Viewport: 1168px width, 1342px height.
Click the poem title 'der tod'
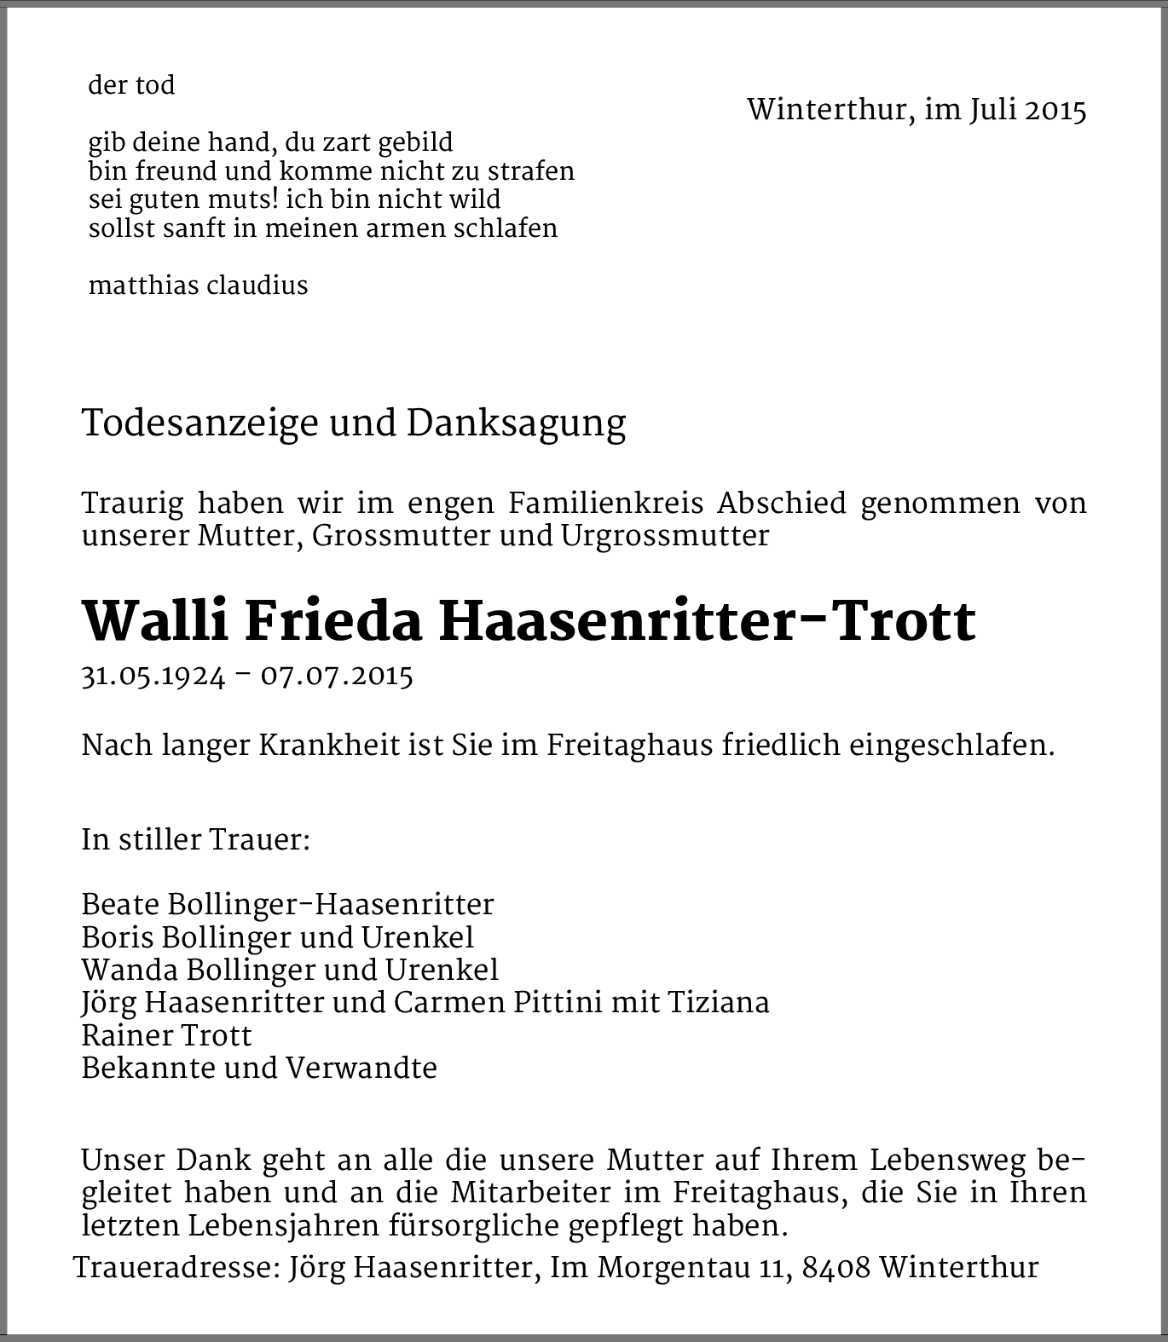click(x=131, y=86)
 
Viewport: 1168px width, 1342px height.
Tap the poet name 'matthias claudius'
click(x=198, y=285)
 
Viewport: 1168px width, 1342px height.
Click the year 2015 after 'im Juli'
click(x=1055, y=111)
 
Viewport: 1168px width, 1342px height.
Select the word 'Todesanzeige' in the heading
click(x=199, y=423)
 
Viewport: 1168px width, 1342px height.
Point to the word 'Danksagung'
click(x=516, y=423)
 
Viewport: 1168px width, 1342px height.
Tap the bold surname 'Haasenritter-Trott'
click(x=707, y=621)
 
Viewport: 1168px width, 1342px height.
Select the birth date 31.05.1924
click(x=153, y=677)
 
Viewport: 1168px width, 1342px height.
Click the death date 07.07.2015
click(x=337, y=677)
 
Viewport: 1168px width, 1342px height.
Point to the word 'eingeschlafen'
click(x=951, y=746)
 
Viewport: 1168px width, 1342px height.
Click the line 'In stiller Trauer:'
click(x=195, y=840)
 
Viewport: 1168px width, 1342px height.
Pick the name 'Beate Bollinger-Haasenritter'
click(x=287, y=904)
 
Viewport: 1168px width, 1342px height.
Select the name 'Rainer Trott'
click(x=166, y=1035)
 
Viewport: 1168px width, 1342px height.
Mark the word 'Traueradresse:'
click(x=176, y=1268)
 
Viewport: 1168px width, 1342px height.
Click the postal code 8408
click(x=836, y=1268)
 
